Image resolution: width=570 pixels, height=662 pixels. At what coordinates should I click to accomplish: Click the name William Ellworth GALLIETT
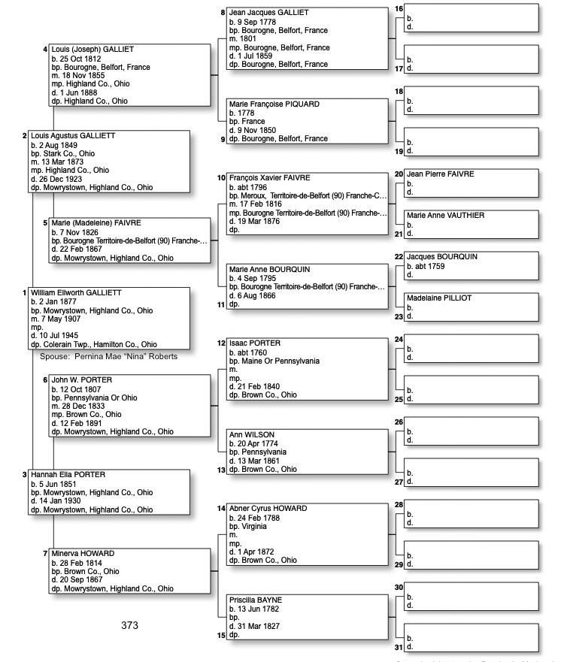pyautogui.click(x=76, y=292)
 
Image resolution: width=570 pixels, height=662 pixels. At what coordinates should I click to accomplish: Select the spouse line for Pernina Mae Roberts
pyautogui.click(x=108, y=356)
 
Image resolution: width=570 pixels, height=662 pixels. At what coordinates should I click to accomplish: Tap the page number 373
pyautogui.click(x=129, y=625)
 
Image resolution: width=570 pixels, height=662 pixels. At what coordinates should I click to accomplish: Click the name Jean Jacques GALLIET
pyautogui.click(x=268, y=13)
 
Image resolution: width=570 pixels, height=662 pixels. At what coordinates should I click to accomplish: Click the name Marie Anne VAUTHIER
pyautogui.click(x=445, y=216)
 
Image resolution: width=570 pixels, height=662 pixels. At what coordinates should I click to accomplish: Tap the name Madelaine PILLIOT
pyautogui.click(x=439, y=298)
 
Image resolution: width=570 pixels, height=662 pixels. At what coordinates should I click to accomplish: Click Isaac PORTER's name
pyautogui.click(x=254, y=343)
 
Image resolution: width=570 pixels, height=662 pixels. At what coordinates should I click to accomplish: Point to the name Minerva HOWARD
pyautogui.click(x=82, y=554)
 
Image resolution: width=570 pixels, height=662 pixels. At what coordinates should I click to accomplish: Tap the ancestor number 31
pyautogui.click(x=399, y=646)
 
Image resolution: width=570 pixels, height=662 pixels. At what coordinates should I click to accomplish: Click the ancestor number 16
pyautogui.click(x=399, y=9)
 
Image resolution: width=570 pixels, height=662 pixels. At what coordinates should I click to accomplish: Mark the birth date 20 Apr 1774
pyautogui.click(x=256, y=443)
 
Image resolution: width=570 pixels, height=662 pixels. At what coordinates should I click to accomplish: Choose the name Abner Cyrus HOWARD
pyautogui.click(x=268, y=509)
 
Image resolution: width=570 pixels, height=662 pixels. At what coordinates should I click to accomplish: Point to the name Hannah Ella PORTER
pyautogui.click(x=68, y=475)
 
